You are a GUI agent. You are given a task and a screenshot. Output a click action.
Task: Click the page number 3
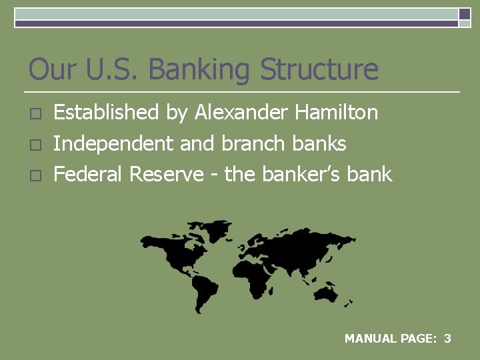click(x=447, y=339)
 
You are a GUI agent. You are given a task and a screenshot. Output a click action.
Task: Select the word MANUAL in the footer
click(x=370, y=339)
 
